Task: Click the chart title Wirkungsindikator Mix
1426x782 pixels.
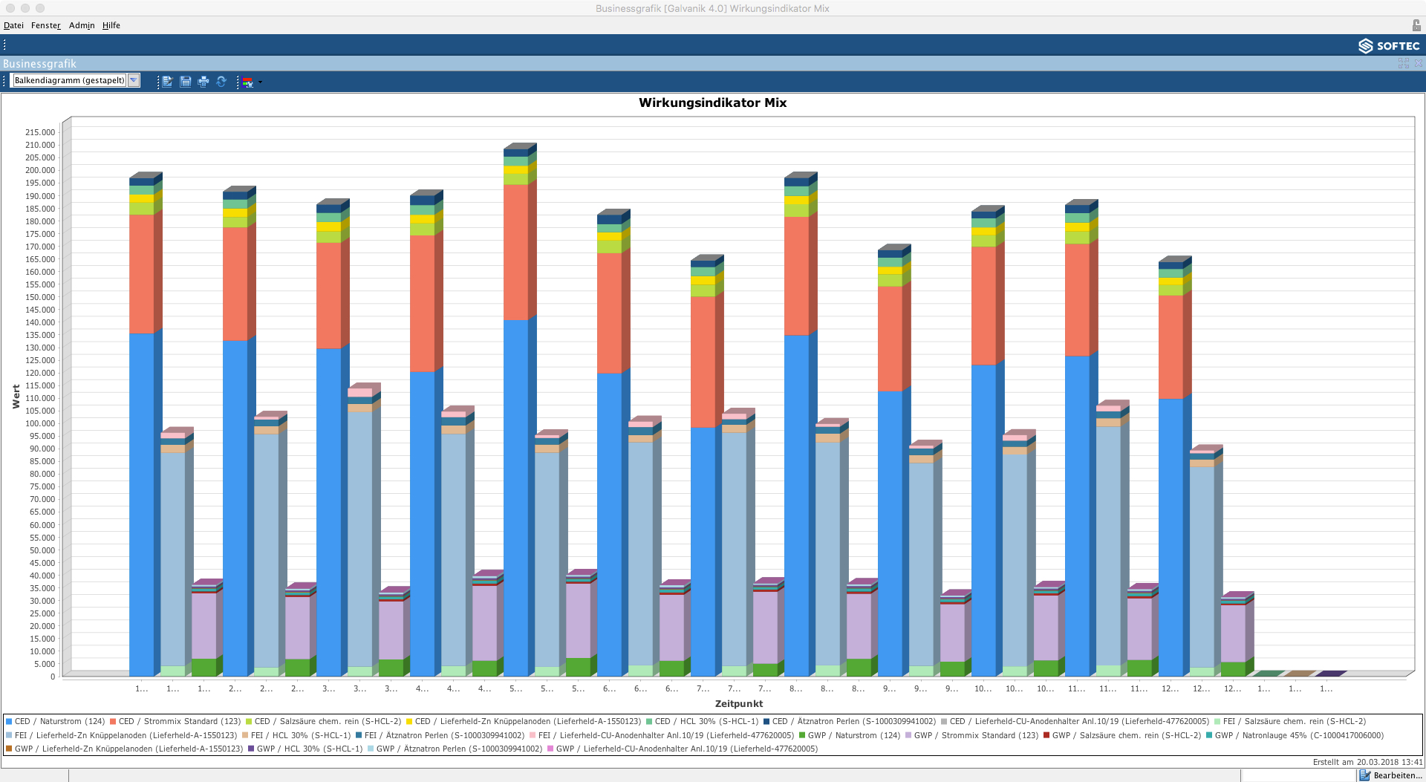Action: [712, 103]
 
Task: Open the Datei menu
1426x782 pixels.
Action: [13, 25]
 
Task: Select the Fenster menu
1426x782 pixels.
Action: [45, 25]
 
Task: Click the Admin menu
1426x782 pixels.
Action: [82, 25]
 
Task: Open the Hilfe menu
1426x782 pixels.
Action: [111, 25]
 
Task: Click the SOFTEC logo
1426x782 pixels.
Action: [1389, 46]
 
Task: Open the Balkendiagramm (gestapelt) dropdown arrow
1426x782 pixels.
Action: [134, 80]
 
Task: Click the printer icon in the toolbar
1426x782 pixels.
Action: [204, 82]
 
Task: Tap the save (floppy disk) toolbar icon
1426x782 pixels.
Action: [186, 82]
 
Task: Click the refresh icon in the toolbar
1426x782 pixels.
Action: [221, 82]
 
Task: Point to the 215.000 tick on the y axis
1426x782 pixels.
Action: [40, 132]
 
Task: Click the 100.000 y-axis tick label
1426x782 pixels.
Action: [40, 423]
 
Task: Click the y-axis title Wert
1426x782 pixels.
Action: [16, 397]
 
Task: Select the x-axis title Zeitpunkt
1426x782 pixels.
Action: [738, 704]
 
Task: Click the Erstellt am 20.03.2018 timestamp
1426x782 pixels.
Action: [1367, 762]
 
